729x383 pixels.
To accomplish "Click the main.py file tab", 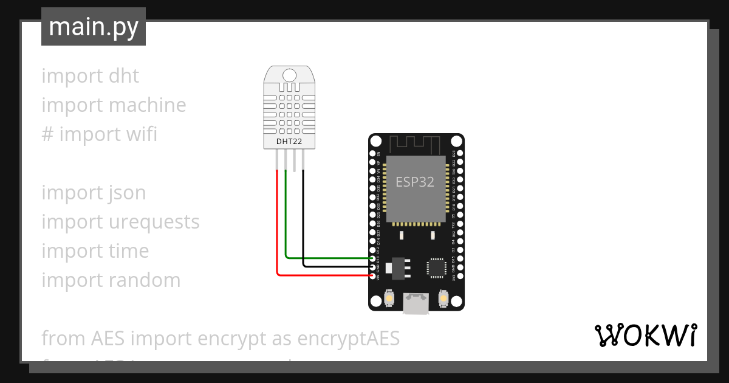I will pos(93,27).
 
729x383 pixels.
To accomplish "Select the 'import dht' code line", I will pos(90,76).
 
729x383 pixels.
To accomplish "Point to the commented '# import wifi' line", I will pos(99,134).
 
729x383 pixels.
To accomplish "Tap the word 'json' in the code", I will pos(128,193).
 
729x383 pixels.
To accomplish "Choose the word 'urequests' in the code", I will pos(154,222).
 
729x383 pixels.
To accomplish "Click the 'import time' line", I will pos(95,251).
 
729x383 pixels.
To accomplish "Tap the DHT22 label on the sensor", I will pos(289,142).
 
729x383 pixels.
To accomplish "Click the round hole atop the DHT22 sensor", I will pos(290,75).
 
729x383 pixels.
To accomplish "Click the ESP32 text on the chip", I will pos(415,182).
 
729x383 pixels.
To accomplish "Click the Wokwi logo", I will pos(645,335).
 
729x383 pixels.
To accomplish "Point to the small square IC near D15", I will pos(436,267).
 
